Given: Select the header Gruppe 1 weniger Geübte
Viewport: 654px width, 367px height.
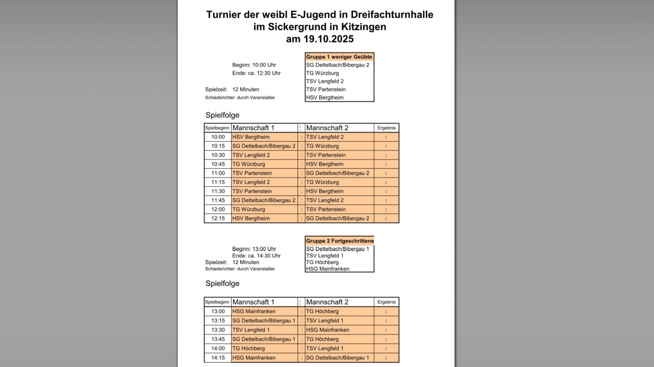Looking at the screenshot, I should pyautogui.click(x=339, y=57).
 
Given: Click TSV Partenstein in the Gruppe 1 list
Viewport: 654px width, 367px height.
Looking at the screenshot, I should pyautogui.click(x=326, y=89).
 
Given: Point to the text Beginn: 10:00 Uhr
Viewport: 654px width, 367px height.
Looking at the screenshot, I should pyautogui.click(x=254, y=65).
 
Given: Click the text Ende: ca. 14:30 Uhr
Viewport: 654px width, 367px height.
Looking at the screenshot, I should pyautogui.click(x=256, y=255).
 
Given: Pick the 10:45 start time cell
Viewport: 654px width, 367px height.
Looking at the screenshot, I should pyautogui.click(x=218, y=164).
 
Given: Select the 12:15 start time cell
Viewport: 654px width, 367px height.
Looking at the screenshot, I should pyautogui.click(x=218, y=218).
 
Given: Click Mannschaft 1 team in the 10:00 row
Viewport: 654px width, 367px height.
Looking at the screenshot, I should pyautogui.click(x=251, y=137).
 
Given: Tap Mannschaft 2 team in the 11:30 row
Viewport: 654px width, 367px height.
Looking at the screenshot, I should pyautogui.click(x=325, y=191).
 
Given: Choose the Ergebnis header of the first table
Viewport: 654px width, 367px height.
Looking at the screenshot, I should pyautogui.click(x=386, y=127).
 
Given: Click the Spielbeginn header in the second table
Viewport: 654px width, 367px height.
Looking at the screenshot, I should pyautogui.click(x=217, y=302).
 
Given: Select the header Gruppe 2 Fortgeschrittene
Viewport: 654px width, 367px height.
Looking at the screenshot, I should pyautogui.click(x=340, y=241).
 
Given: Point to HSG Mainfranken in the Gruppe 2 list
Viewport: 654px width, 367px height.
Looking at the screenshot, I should pyautogui.click(x=328, y=268).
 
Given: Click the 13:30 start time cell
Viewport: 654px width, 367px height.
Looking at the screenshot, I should pyautogui.click(x=218, y=330).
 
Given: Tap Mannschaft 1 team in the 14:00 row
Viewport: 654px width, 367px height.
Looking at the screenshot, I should pyautogui.click(x=249, y=348).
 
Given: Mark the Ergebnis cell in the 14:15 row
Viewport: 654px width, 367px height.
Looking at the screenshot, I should pyautogui.click(x=386, y=358).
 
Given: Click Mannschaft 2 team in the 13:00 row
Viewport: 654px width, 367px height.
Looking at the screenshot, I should pyautogui.click(x=322, y=311).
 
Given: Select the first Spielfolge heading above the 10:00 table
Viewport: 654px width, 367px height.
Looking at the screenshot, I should pyautogui.click(x=222, y=115).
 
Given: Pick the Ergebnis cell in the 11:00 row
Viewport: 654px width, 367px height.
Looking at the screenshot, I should pyautogui.click(x=386, y=173).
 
